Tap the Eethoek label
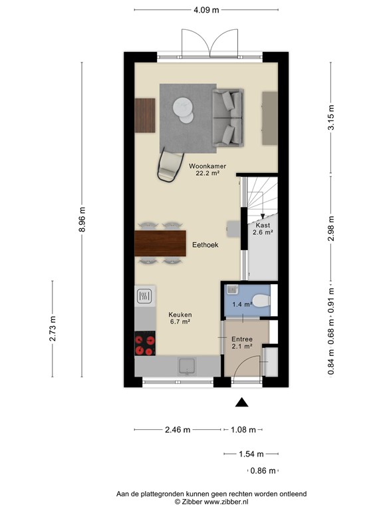[x=205, y=245]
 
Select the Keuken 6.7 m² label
[x=180, y=318]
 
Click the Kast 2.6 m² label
[x=263, y=229]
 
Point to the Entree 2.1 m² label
[x=242, y=342]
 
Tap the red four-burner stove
[x=144, y=344]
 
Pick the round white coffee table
[x=182, y=108]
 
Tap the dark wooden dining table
[x=160, y=243]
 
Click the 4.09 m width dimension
[x=206, y=10]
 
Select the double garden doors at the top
[x=210, y=45]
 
